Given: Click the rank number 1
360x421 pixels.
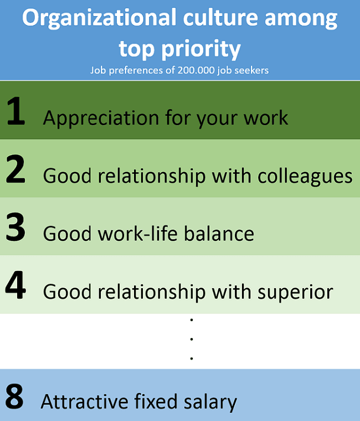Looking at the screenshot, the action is click(x=16, y=111).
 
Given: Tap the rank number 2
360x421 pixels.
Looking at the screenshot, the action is click(x=16, y=169).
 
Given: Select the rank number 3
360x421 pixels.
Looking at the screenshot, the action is click(x=16, y=227).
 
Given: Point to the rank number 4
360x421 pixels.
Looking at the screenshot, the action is click(x=16, y=285).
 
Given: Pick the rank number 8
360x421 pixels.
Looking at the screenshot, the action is click(x=14, y=396).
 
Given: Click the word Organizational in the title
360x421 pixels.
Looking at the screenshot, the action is click(x=99, y=18).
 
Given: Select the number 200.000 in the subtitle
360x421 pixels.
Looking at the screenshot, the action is click(x=196, y=70).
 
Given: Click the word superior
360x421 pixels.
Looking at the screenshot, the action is click(x=295, y=292).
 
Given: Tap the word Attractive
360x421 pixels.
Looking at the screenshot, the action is click(x=84, y=402).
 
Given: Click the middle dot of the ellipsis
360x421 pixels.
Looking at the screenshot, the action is click(x=192, y=340).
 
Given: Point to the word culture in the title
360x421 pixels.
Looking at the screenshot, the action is click(x=220, y=18).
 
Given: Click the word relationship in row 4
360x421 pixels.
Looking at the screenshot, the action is click(x=151, y=292).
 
